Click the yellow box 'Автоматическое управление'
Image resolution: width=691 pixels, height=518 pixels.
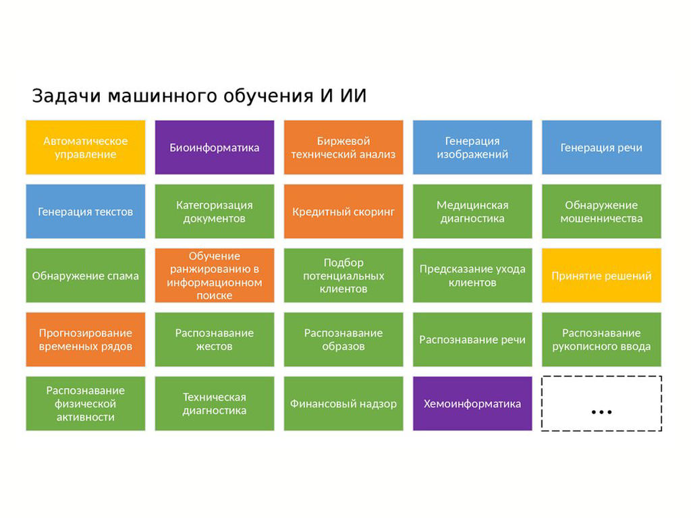[86, 148]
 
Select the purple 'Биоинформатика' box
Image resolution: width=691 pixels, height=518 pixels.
[215, 148]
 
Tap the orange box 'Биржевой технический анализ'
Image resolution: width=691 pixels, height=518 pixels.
[343, 148]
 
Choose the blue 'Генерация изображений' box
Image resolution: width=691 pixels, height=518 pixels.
[472, 148]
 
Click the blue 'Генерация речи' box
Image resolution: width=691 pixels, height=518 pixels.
[601, 148]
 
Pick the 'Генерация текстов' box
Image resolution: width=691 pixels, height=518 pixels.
[86, 212]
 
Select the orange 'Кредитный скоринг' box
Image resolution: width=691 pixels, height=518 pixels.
[343, 212]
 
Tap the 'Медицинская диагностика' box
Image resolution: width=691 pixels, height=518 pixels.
[472, 212]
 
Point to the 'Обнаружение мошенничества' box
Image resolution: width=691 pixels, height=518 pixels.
[601, 212]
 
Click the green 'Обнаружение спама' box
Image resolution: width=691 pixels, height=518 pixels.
[86, 276]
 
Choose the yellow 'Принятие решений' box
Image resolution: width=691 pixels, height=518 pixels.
[601, 276]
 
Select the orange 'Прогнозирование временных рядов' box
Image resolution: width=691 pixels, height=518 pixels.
[86, 340]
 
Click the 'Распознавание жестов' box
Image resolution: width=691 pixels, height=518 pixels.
[215, 340]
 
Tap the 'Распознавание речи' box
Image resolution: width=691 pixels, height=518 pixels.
[472, 340]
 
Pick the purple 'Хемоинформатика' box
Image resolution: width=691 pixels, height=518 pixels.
[472, 404]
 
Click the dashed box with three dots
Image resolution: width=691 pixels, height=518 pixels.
[601, 404]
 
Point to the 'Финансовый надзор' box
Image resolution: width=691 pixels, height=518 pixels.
[343, 404]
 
